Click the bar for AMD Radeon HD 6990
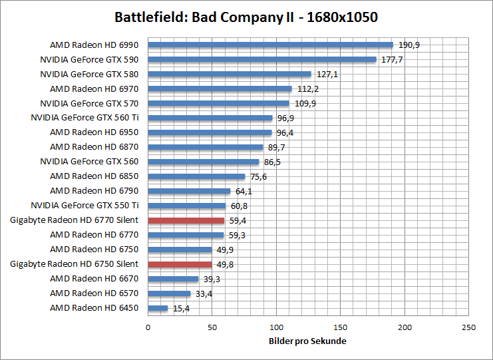click(270, 45)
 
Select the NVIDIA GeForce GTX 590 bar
click(262, 60)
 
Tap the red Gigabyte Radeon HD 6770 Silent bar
click(186, 220)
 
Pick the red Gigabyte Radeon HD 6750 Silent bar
click(180, 264)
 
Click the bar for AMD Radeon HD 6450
click(158, 308)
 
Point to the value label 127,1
click(327, 75)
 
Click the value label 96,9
click(286, 118)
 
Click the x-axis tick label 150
click(340, 327)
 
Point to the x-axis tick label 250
click(468, 327)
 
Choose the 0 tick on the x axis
click(148, 327)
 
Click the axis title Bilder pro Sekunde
click(307, 341)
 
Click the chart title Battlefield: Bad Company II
click(246, 17)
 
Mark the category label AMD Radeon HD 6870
click(94, 147)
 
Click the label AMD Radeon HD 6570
click(94, 293)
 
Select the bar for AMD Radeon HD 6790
click(189, 191)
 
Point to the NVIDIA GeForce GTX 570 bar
click(218, 103)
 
